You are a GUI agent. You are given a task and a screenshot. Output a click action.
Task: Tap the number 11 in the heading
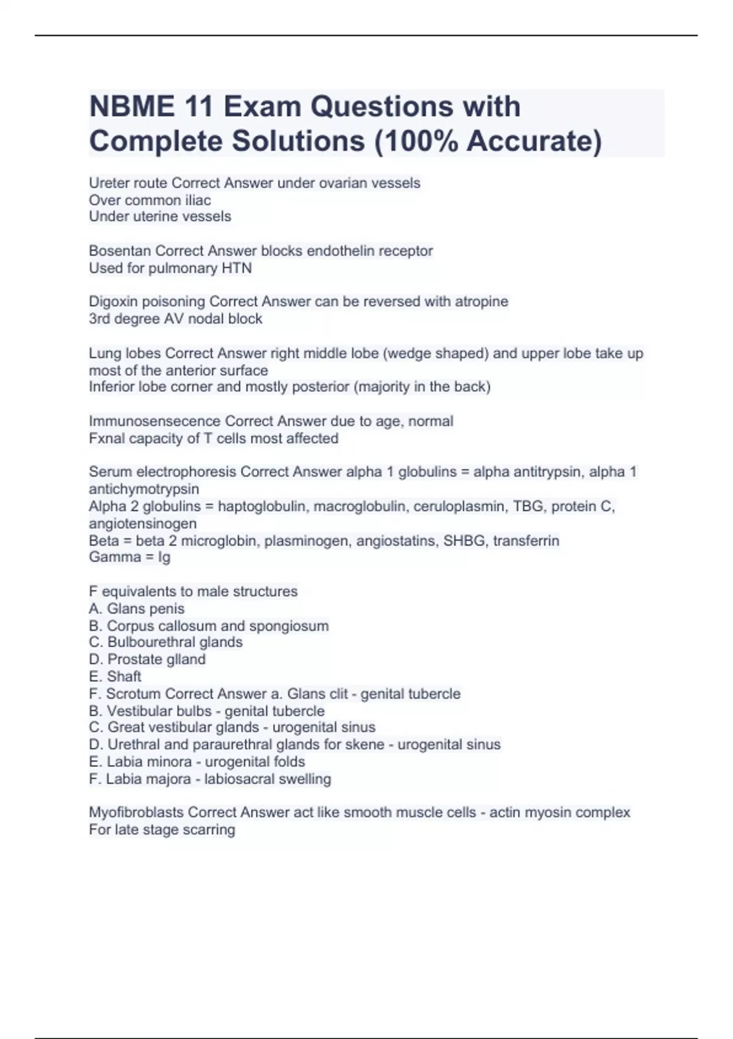[x=197, y=107]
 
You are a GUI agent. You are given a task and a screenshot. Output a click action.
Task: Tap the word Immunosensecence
[x=155, y=421]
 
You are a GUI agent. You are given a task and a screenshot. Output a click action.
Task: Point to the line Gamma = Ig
[x=129, y=557]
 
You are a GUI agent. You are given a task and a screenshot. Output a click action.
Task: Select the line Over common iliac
[x=150, y=200]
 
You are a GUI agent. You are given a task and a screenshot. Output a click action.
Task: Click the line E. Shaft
[x=115, y=676]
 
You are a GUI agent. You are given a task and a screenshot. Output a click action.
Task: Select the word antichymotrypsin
[x=144, y=489]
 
